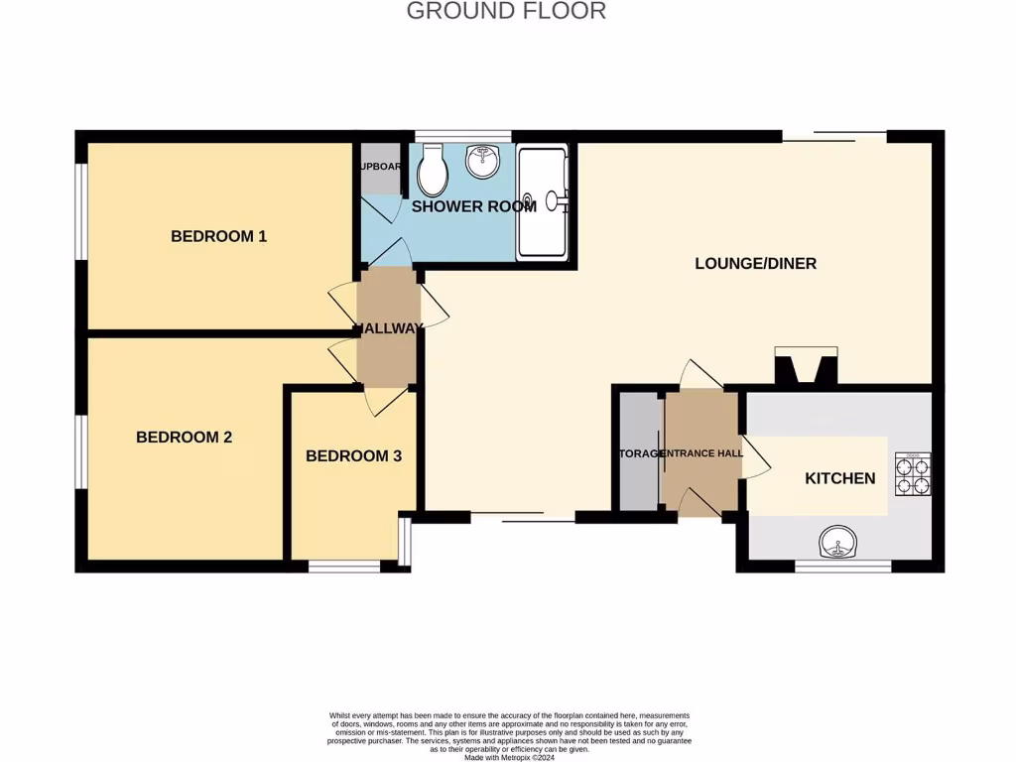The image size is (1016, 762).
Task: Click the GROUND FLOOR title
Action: (506, 12)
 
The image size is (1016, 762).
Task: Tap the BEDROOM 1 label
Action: (219, 236)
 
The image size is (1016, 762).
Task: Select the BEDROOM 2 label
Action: (185, 437)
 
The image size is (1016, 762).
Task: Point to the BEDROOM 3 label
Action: (353, 456)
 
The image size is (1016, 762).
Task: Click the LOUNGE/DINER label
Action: (755, 264)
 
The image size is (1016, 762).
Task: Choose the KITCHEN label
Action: (839, 478)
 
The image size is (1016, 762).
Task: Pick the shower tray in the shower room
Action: (542, 202)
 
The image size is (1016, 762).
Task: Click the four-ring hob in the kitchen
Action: (913, 474)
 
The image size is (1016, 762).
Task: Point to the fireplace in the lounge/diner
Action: (806, 365)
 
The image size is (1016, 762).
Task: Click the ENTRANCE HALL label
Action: (701, 453)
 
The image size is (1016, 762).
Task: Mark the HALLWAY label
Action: (389, 328)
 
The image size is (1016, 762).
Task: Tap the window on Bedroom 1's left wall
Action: (81, 210)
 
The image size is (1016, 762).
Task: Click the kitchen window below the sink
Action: (842, 567)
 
